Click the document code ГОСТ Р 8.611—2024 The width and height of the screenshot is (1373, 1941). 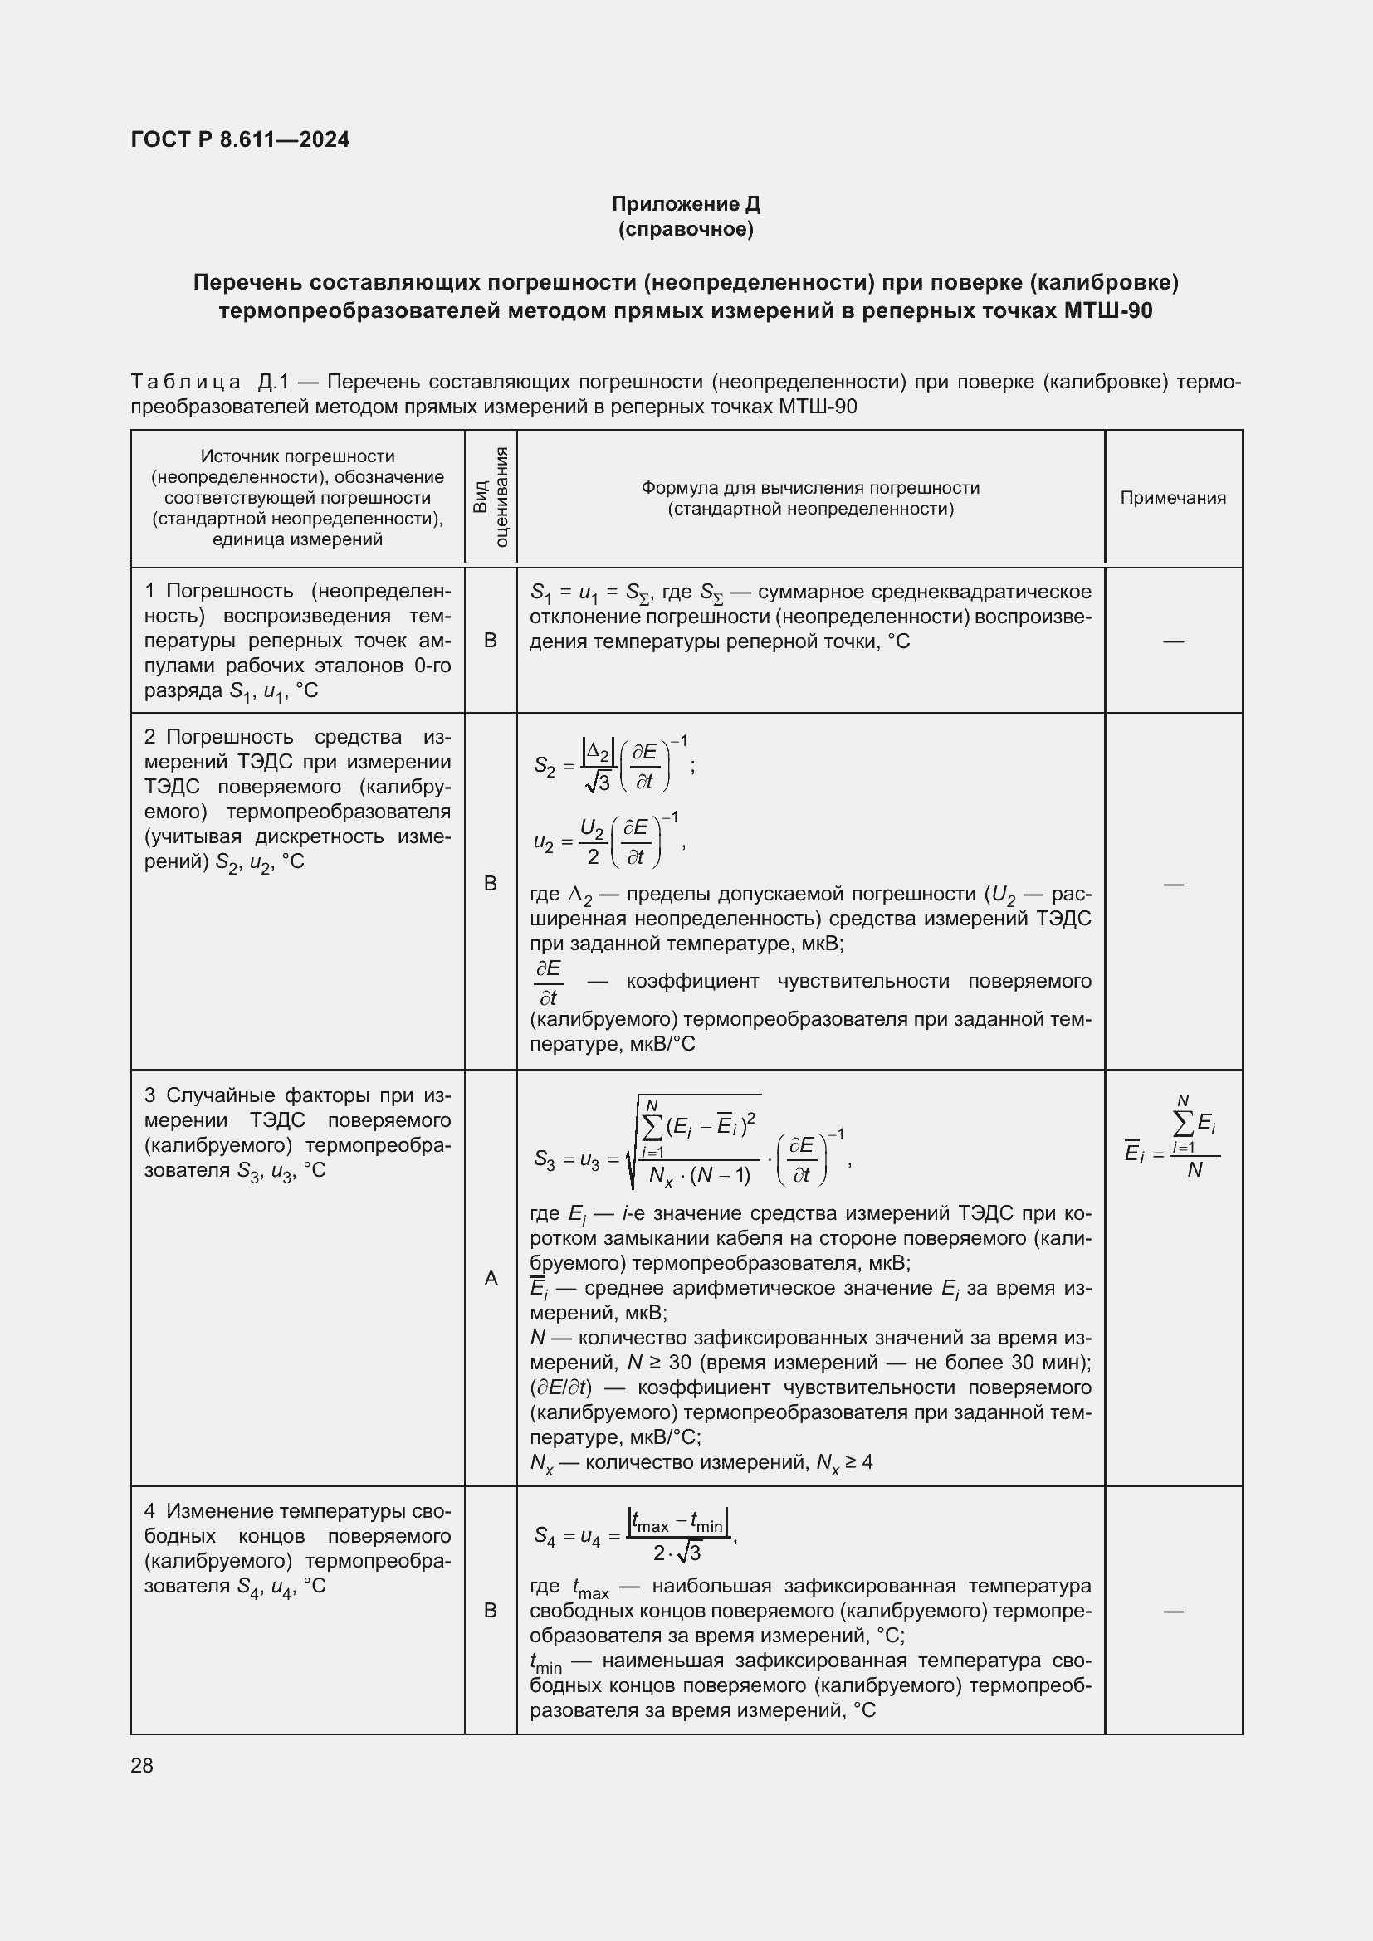(x=240, y=139)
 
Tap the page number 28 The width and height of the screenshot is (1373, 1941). (x=142, y=1765)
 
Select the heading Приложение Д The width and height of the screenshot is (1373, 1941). (x=686, y=204)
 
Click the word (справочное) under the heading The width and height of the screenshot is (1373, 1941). (x=686, y=229)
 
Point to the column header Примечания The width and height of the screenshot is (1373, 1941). (x=1173, y=498)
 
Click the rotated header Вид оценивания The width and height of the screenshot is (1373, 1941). (x=491, y=497)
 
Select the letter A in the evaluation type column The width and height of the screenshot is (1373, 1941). (x=491, y=1279)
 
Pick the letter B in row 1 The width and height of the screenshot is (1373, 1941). (x=491, y=641)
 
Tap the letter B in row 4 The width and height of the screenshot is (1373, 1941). (x=491, y=1612)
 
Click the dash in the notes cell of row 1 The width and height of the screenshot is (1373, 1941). (x=1173, y=641)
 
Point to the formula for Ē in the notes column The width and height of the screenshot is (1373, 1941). (x=1173, y=1138)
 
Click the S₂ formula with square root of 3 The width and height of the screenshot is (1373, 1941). (x=613, y=765)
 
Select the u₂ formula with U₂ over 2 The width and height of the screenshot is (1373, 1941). (x=608, y=841)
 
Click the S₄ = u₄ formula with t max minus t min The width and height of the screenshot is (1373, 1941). (x=635, y=1535)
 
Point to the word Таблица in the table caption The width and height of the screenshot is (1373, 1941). (x=186, y=382)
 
